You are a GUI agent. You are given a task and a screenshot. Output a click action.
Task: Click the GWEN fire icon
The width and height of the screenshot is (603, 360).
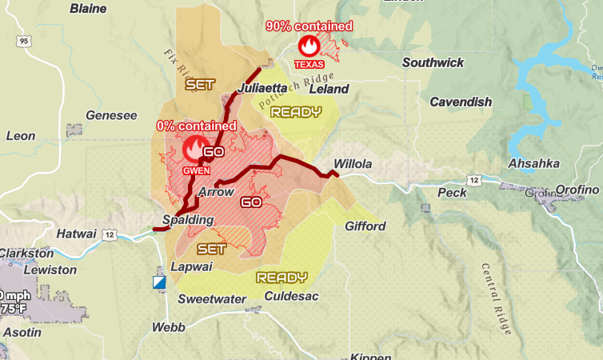point(194,149)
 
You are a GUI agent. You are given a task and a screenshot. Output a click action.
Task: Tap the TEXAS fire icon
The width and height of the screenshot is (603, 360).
point(308,46)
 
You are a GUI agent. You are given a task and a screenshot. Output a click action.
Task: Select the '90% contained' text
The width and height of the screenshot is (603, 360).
point(309,26)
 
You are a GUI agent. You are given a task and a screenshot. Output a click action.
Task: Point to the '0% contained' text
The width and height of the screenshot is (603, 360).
point(196,126)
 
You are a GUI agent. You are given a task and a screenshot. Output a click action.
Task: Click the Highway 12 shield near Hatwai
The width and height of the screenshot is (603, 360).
point(110,234)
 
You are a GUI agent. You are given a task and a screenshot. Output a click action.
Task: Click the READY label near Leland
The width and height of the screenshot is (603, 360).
point(296,112)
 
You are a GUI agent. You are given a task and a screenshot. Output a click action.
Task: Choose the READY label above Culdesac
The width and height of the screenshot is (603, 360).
point(282,278)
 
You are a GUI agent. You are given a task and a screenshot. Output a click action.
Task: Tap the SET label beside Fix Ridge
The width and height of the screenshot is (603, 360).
point(200,83)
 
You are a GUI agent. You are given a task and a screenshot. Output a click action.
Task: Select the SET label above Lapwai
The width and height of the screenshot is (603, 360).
point(211,249)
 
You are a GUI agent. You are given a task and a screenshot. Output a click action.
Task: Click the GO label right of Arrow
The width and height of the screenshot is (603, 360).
point(251,202)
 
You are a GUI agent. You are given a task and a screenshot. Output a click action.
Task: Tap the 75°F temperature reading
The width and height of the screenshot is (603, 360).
point(14,308)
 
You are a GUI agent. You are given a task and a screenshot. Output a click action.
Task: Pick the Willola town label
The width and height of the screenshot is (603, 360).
point(353,164)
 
